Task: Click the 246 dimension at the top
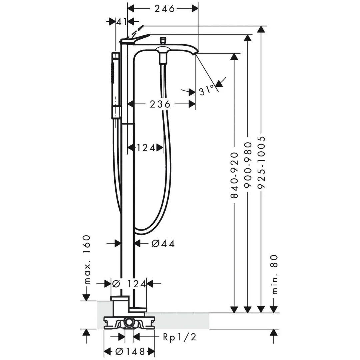(x=165, y=9)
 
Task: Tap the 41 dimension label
(x=121, y=22)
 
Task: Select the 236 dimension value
(x=160, y=104)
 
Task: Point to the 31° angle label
(x=207, y=90)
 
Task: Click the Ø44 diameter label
(x=163, y=244)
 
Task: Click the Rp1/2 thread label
(x=179, y=337)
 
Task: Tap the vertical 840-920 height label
(x=235, y=175)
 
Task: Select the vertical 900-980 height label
(x=247, y=166)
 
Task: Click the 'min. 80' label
(x=274, y=274)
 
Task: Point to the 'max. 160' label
(x=87, y=259)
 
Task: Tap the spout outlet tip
(x=195, y=53)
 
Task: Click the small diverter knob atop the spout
(x=163, y=40)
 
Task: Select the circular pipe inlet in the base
(x=129, y=322)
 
